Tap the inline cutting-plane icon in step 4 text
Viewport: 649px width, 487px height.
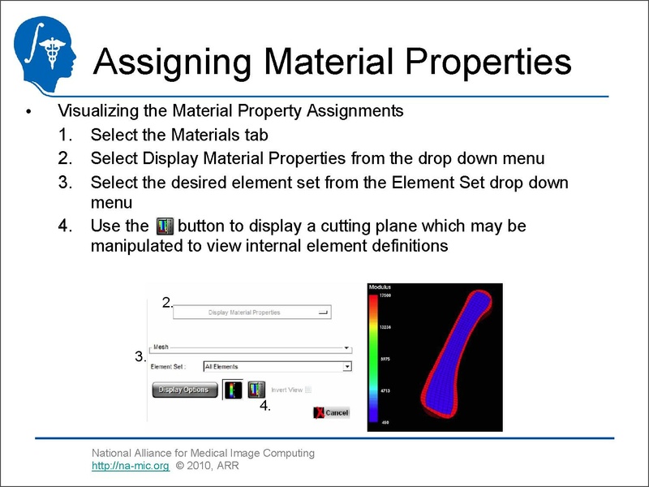(x=164, y=226)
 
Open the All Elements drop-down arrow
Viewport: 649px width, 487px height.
(x=347, y=367)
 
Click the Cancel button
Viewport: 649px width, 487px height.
(x=331, y=412)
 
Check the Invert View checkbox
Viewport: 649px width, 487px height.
(x=307, y=390)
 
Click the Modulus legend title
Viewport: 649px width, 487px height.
(x=380, y=287)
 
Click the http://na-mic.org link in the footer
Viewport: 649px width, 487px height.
(x=130, y=466)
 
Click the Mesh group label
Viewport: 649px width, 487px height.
(x=161, y=347)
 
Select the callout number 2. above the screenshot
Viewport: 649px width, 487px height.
(x=167, y=303)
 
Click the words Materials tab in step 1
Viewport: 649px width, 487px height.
(x=220, y=135)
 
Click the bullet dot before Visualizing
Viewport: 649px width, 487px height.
(x=28, y=112)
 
